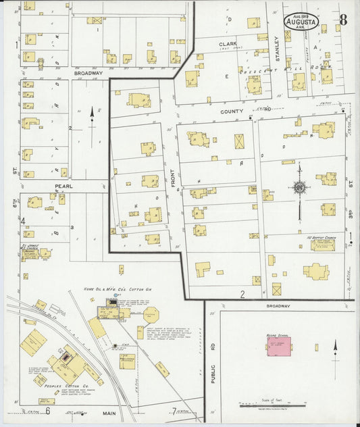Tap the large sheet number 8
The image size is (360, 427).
(x=344, y=19)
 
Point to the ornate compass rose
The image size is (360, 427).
(x=299, y=188)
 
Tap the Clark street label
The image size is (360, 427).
(x=226, y=45)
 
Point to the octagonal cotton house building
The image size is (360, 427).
(x=152, y=314)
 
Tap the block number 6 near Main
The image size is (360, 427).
(x=48, y=410)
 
